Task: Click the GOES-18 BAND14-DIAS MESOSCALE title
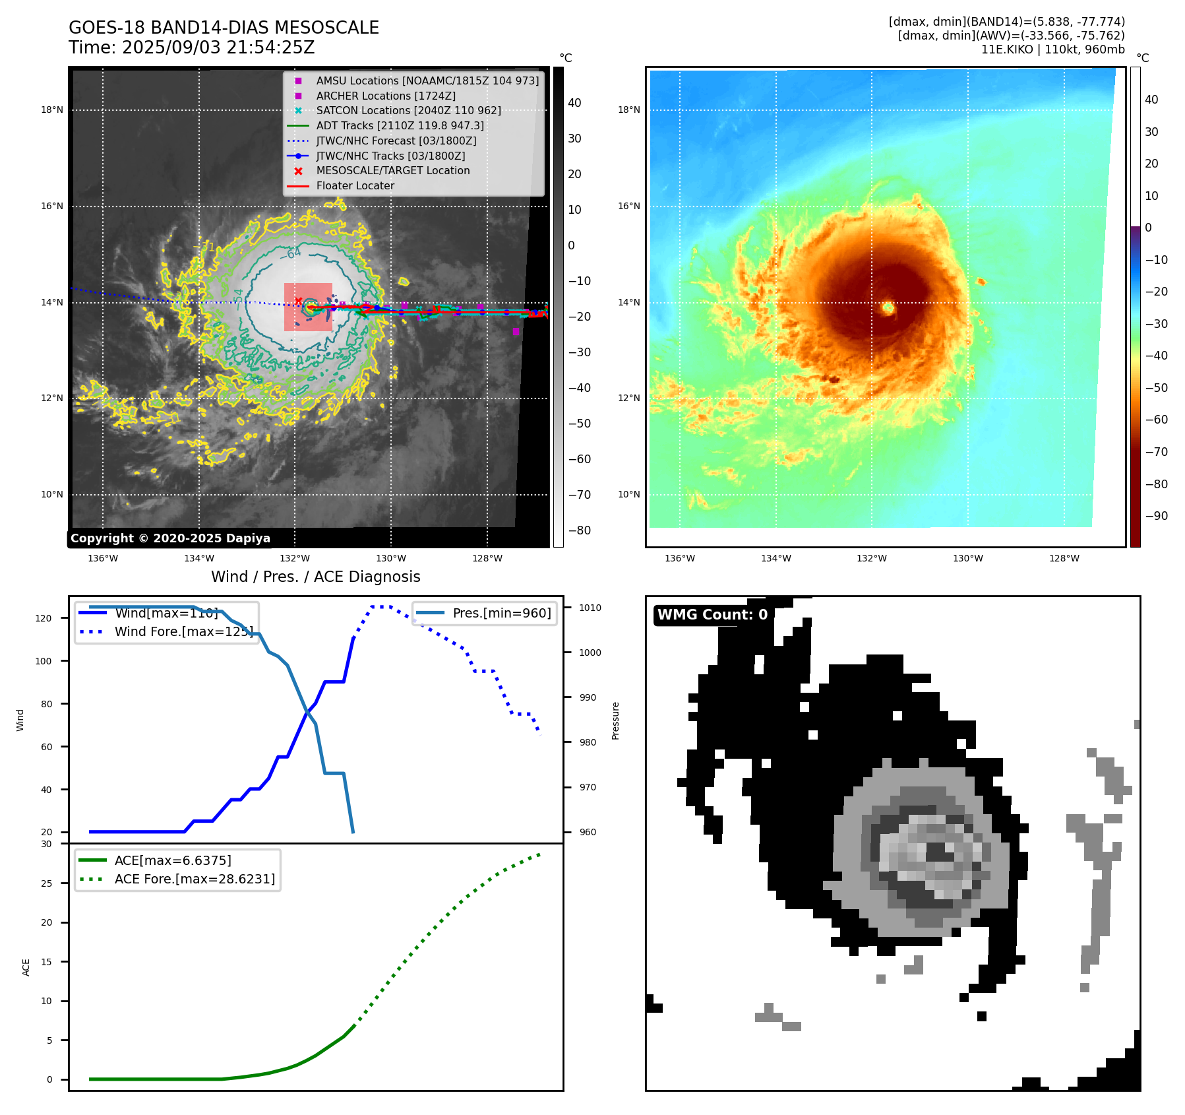(x=224, y=28)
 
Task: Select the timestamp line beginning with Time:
(x=191, y=48)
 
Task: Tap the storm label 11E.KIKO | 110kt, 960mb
(x=1052, y=49)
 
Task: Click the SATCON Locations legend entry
(x=408, y=111)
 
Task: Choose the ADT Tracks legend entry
(x=400, y=125)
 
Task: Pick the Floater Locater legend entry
(x=355, y=186)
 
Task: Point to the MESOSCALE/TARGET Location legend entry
(x=393, y=171)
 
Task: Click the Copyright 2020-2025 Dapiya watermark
(x=170, y=538)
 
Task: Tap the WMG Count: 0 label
(x=712, y=615)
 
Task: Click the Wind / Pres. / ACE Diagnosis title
(x=315, y=577)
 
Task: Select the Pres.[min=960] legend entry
(x=501, y=613)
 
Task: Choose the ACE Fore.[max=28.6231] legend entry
(x=195, y=879)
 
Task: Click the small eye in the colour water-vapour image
(x=888, y=307)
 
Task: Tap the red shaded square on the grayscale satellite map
(x=308, y=307)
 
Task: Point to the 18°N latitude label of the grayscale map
(x=52, y=110)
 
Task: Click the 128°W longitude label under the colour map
(x=1064, y=558)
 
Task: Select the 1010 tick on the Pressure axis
(x=590, y=608)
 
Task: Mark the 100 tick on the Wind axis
(x=44, y=661)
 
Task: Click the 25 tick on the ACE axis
(x=46, y=883)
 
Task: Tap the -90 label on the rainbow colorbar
(x=1156, y=516)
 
